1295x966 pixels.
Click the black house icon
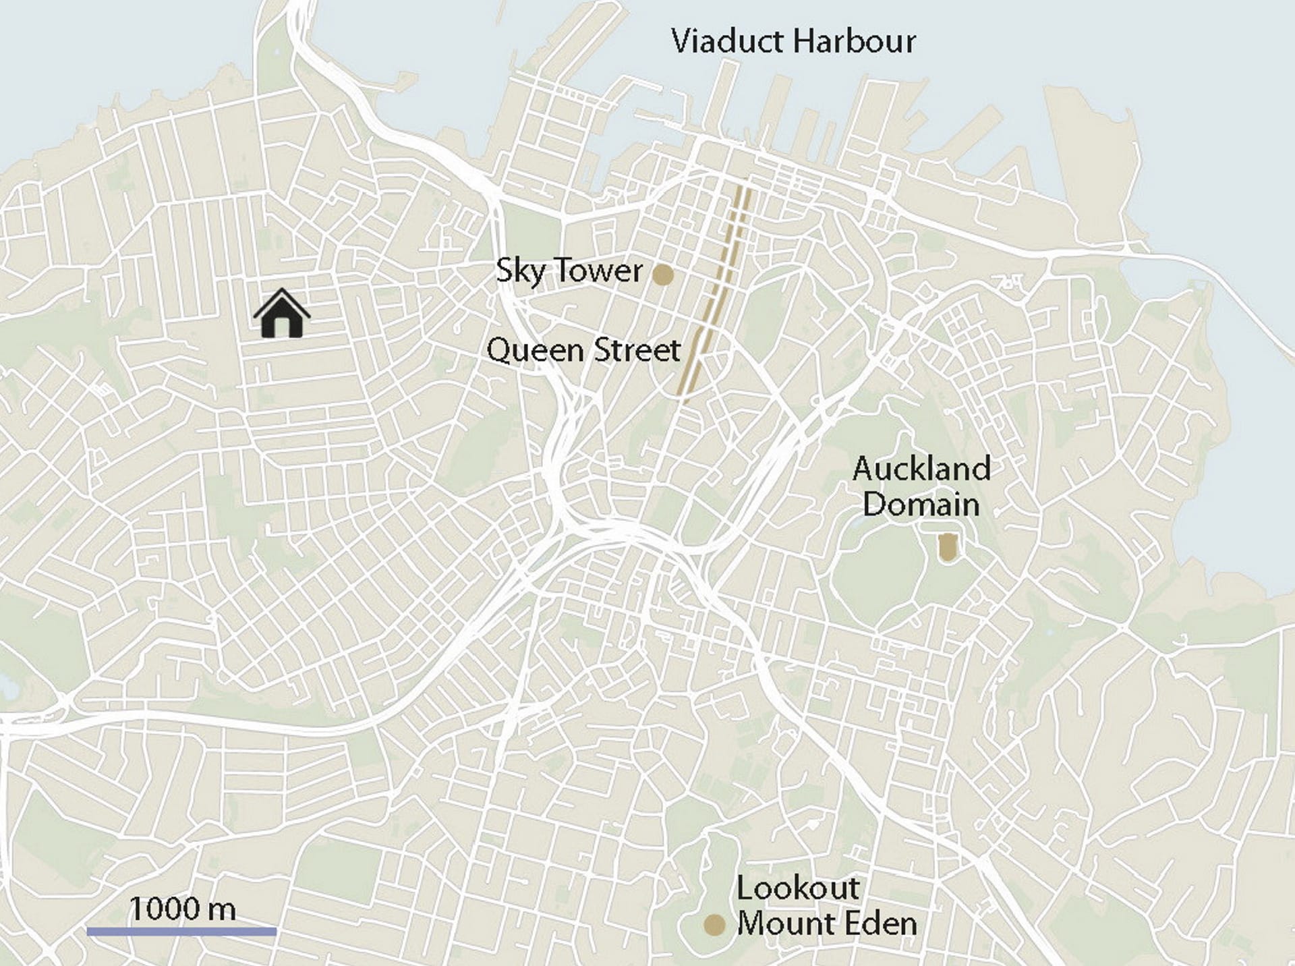tap(282, 314)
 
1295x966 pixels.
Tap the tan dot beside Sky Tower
tap(663, 275)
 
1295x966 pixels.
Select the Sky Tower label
tap(569, 271)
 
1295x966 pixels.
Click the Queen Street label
tap(583, 350)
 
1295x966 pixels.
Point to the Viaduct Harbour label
tap(793, 41)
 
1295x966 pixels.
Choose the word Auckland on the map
tap(921, 469)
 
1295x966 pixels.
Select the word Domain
tap(921, 505)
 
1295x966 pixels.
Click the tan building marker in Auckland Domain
tap(948, 547)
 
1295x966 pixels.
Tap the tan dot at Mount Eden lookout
tap(714, 925)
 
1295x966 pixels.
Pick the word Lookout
tap(798, 888)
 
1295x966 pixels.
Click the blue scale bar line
tap(181, 932)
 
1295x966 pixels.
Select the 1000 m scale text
tap(182, 909)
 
